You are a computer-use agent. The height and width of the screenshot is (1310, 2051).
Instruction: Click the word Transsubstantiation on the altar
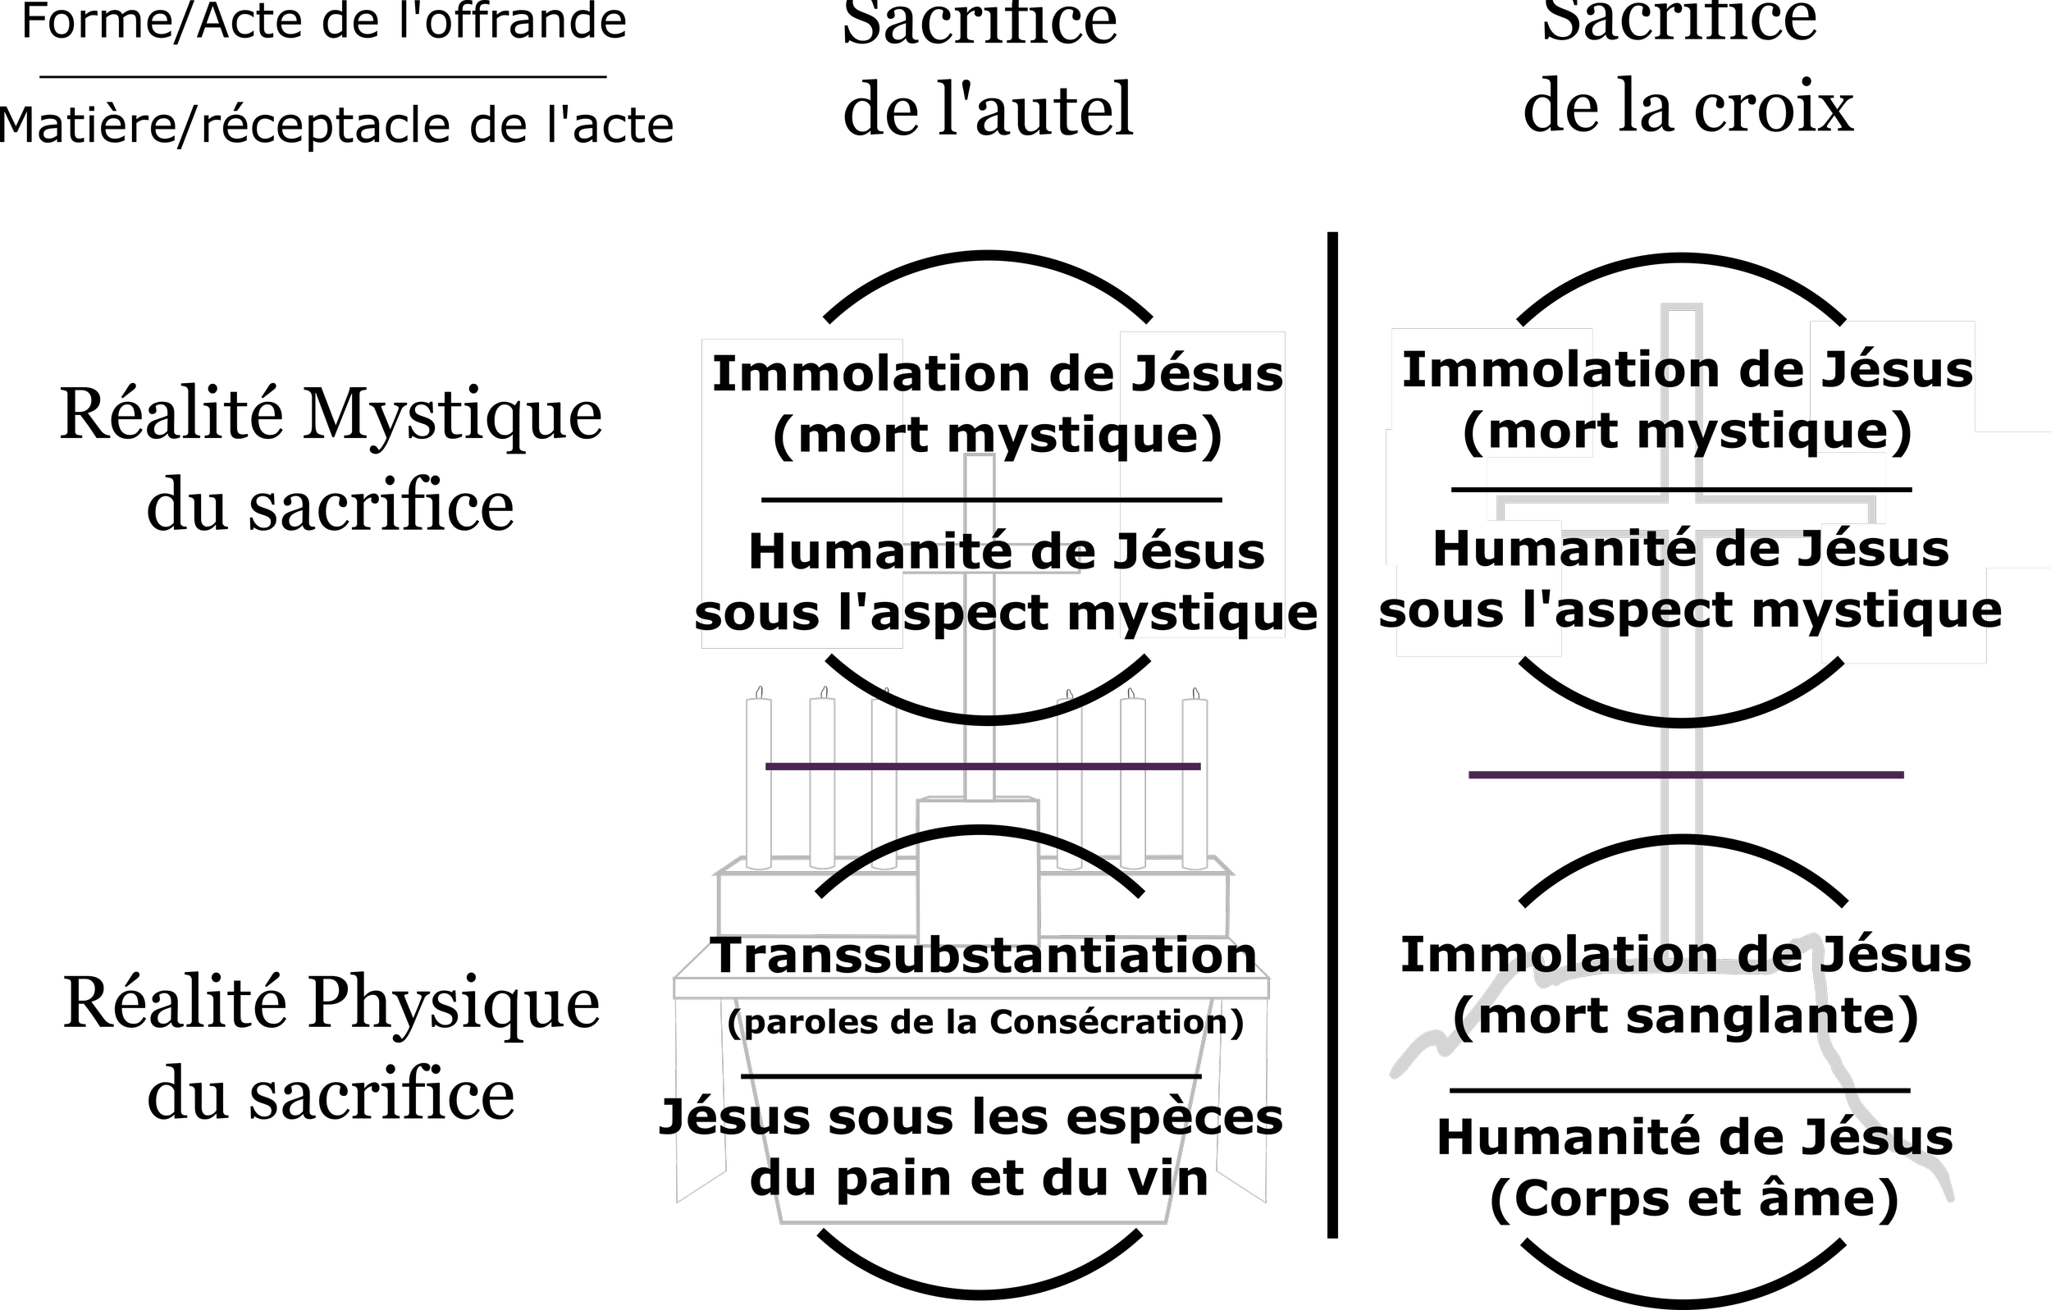pyautogui.click(x=984, y=956)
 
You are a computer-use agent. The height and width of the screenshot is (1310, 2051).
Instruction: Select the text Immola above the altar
pyautogui.click(x=806, y=374)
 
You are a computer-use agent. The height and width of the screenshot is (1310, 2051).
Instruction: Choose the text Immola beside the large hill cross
pyautogui.click(x=1496, y=371)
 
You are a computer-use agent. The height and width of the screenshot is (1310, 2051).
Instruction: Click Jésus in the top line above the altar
pyautogui.click(x=1206, y=374)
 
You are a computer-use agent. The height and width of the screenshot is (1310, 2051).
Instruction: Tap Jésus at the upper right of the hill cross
pyautogui.click(x=1896, y=371)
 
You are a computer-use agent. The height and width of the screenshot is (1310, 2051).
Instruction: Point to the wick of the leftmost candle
pyautogui.click(x=759, y=692)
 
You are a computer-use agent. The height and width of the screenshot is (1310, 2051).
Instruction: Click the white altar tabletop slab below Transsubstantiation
pyautogui.click(x=971, y=988)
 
